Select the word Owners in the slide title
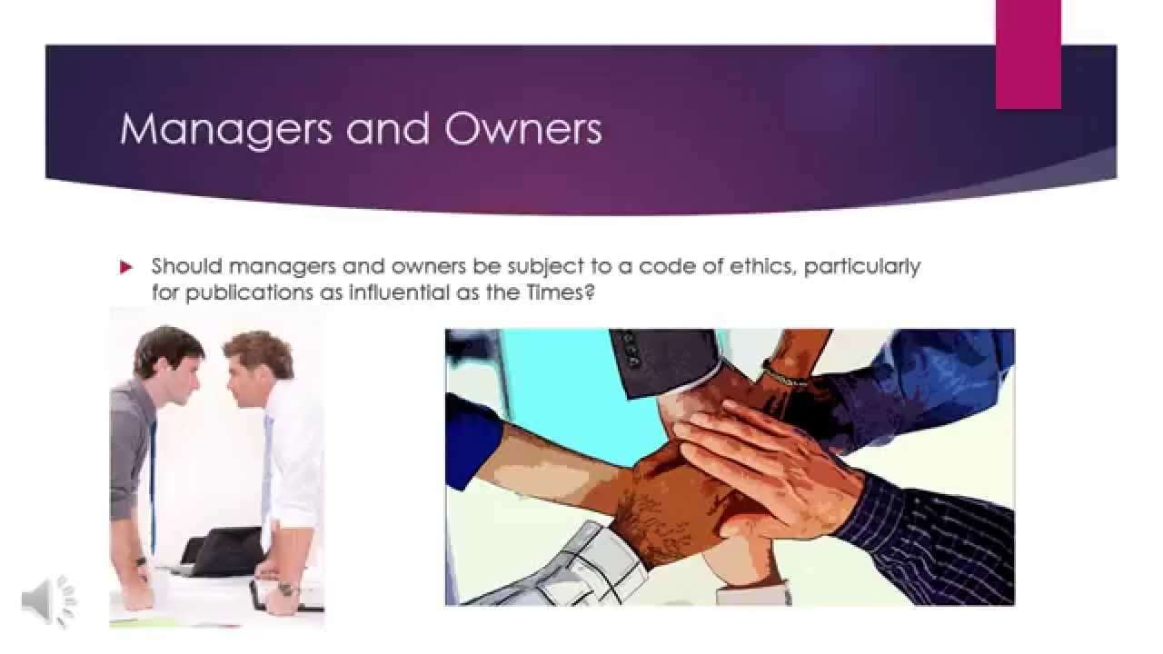click(523, 129)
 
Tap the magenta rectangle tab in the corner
click(1028, 54)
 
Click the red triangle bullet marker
click(126, 267)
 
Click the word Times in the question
click(562, 293)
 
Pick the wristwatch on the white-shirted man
click(288, 589)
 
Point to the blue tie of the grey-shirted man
click(153, 481)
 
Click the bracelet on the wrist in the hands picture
click(784, 373)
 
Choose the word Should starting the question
click(186, 267)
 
